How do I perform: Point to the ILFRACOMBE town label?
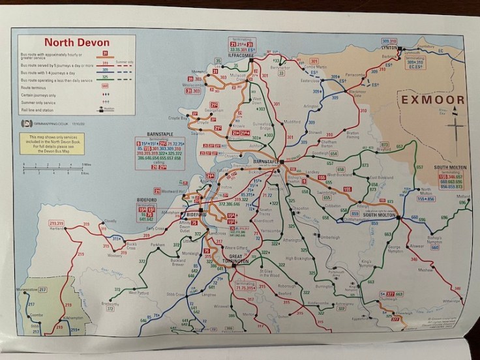click(x=245, y=56)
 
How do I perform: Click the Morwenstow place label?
click(x=27, y=288)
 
